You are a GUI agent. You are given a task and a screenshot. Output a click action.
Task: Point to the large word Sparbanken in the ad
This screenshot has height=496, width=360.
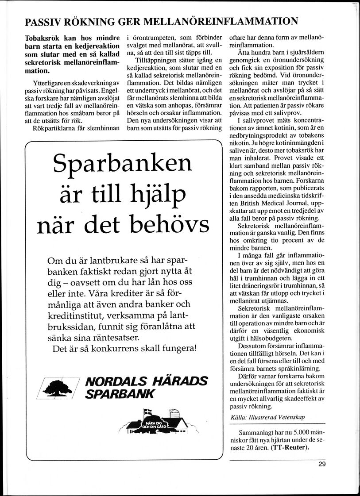tap(122, 165)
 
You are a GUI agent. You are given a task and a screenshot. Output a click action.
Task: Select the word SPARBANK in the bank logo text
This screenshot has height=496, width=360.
tap(120, 394)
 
